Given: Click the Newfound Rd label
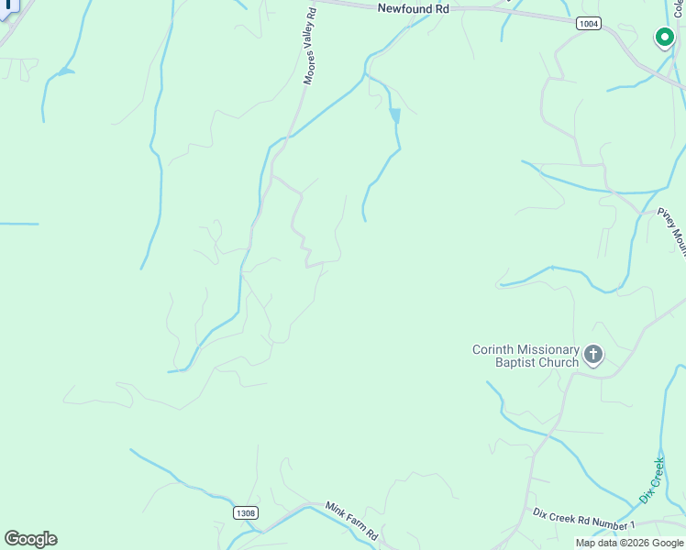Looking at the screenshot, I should pos(415,7).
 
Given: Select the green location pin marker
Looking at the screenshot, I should pos(663,38).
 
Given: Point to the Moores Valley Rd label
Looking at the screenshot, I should pos(310,47).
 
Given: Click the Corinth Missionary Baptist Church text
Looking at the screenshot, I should pos(526,356).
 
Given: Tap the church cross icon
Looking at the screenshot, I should pos(593,354).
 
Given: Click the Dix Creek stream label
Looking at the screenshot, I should pos(651,480).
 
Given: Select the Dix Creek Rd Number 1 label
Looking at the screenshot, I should pos(583,521).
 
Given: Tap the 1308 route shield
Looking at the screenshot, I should pos(245,513).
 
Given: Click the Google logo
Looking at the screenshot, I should pos(30,539).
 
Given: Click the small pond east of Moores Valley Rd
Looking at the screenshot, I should pos(395,115).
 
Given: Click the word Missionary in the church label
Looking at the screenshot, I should pos(546,349).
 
